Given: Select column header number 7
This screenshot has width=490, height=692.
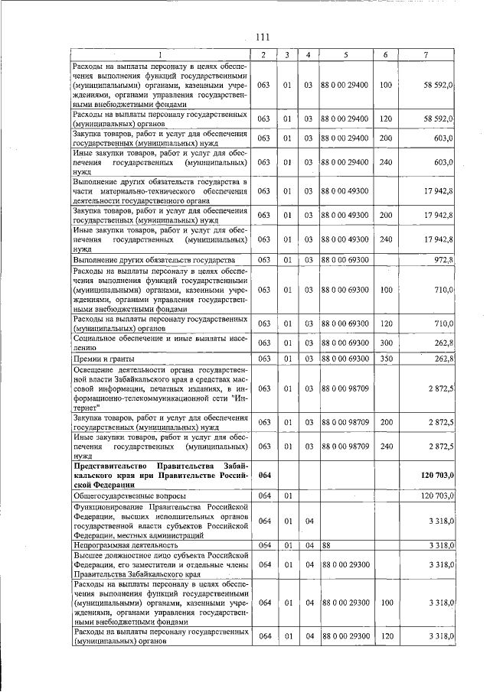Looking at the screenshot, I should [x=425, y=54].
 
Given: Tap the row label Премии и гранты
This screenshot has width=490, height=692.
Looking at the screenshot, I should [x=103, y=359].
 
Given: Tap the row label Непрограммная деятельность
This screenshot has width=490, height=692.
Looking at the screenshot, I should [x=125, y=545].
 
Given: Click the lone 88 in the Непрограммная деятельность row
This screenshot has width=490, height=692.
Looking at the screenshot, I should [x=326, y=545].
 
